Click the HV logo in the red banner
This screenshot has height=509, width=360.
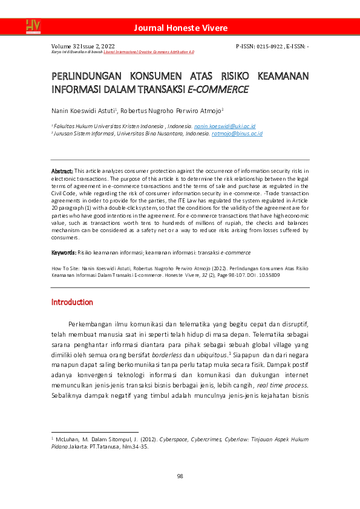[33, 26]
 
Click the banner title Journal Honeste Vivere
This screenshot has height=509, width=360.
[180, 28]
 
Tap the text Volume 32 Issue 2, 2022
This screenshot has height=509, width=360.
[83, 46]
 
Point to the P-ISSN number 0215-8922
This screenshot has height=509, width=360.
[272, 46]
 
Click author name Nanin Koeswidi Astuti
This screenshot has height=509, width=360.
[83, 111]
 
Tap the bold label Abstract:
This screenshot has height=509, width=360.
[62, 172]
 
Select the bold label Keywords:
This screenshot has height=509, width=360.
[64, 251]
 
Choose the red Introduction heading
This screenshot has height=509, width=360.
[72, 302]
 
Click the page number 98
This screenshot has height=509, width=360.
[180, 476]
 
